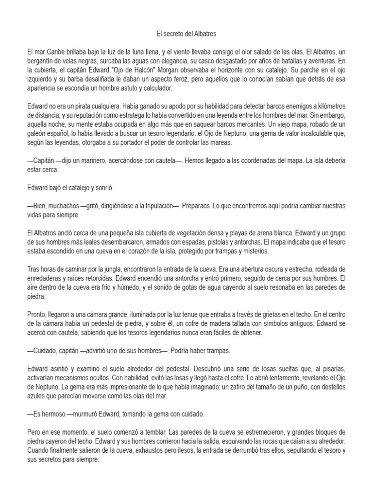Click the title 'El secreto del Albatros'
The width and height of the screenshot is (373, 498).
pyautogui.click(x=186, y=35)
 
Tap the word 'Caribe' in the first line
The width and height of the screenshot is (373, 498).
pyautogui.click(x=57, y=51)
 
